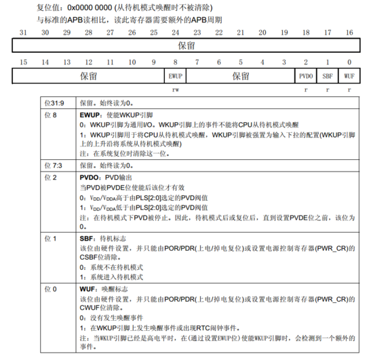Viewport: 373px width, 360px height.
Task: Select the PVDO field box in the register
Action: click(307, 76)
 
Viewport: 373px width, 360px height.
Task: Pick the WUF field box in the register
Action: click(349, 76)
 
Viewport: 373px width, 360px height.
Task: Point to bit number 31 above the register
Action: click(23, 33)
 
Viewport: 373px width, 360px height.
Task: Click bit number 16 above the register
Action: click(349, 33)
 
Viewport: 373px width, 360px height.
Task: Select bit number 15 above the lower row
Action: click(23, 62)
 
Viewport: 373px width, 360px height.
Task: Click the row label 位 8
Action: click(49, 116)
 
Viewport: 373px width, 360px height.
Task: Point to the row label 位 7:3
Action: click(53, 165)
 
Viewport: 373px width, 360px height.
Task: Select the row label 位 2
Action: click(49, 177)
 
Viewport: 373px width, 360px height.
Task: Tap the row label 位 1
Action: click(49, 239)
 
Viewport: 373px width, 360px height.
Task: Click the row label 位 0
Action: click(49, 289)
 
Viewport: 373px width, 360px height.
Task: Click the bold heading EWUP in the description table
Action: click(92, 116)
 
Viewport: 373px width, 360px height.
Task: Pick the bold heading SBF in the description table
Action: click(88, 239)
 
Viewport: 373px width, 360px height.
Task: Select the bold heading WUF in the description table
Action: click(89, 289)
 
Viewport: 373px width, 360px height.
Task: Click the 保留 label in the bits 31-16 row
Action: click(186, 46)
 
